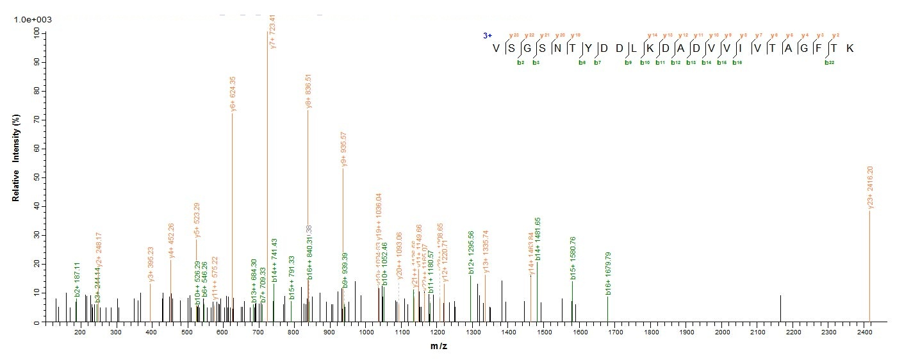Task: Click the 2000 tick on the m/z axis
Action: (722, 333)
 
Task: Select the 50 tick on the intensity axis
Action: (35, 177)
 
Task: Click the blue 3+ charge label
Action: (488, 36)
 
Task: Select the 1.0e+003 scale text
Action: (33, 20)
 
